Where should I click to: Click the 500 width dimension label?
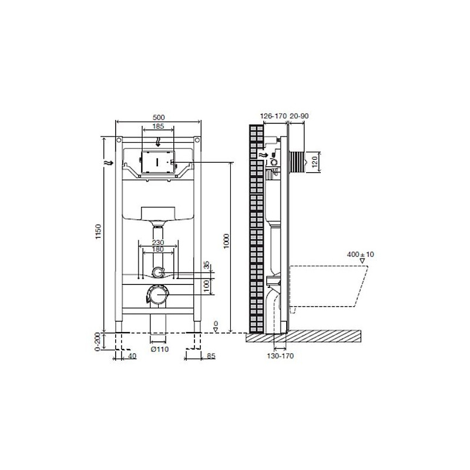click(x=159, y=117)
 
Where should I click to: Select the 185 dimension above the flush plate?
click(x=158, y=126)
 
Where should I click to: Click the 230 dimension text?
click(x=158, y=242)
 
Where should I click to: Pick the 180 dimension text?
click(x=158, y=249)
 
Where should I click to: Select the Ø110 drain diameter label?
click(x=159, y=349)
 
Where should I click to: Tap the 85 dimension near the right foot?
click(x=211, y=356)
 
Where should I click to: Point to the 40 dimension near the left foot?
click(x=133, y=356)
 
